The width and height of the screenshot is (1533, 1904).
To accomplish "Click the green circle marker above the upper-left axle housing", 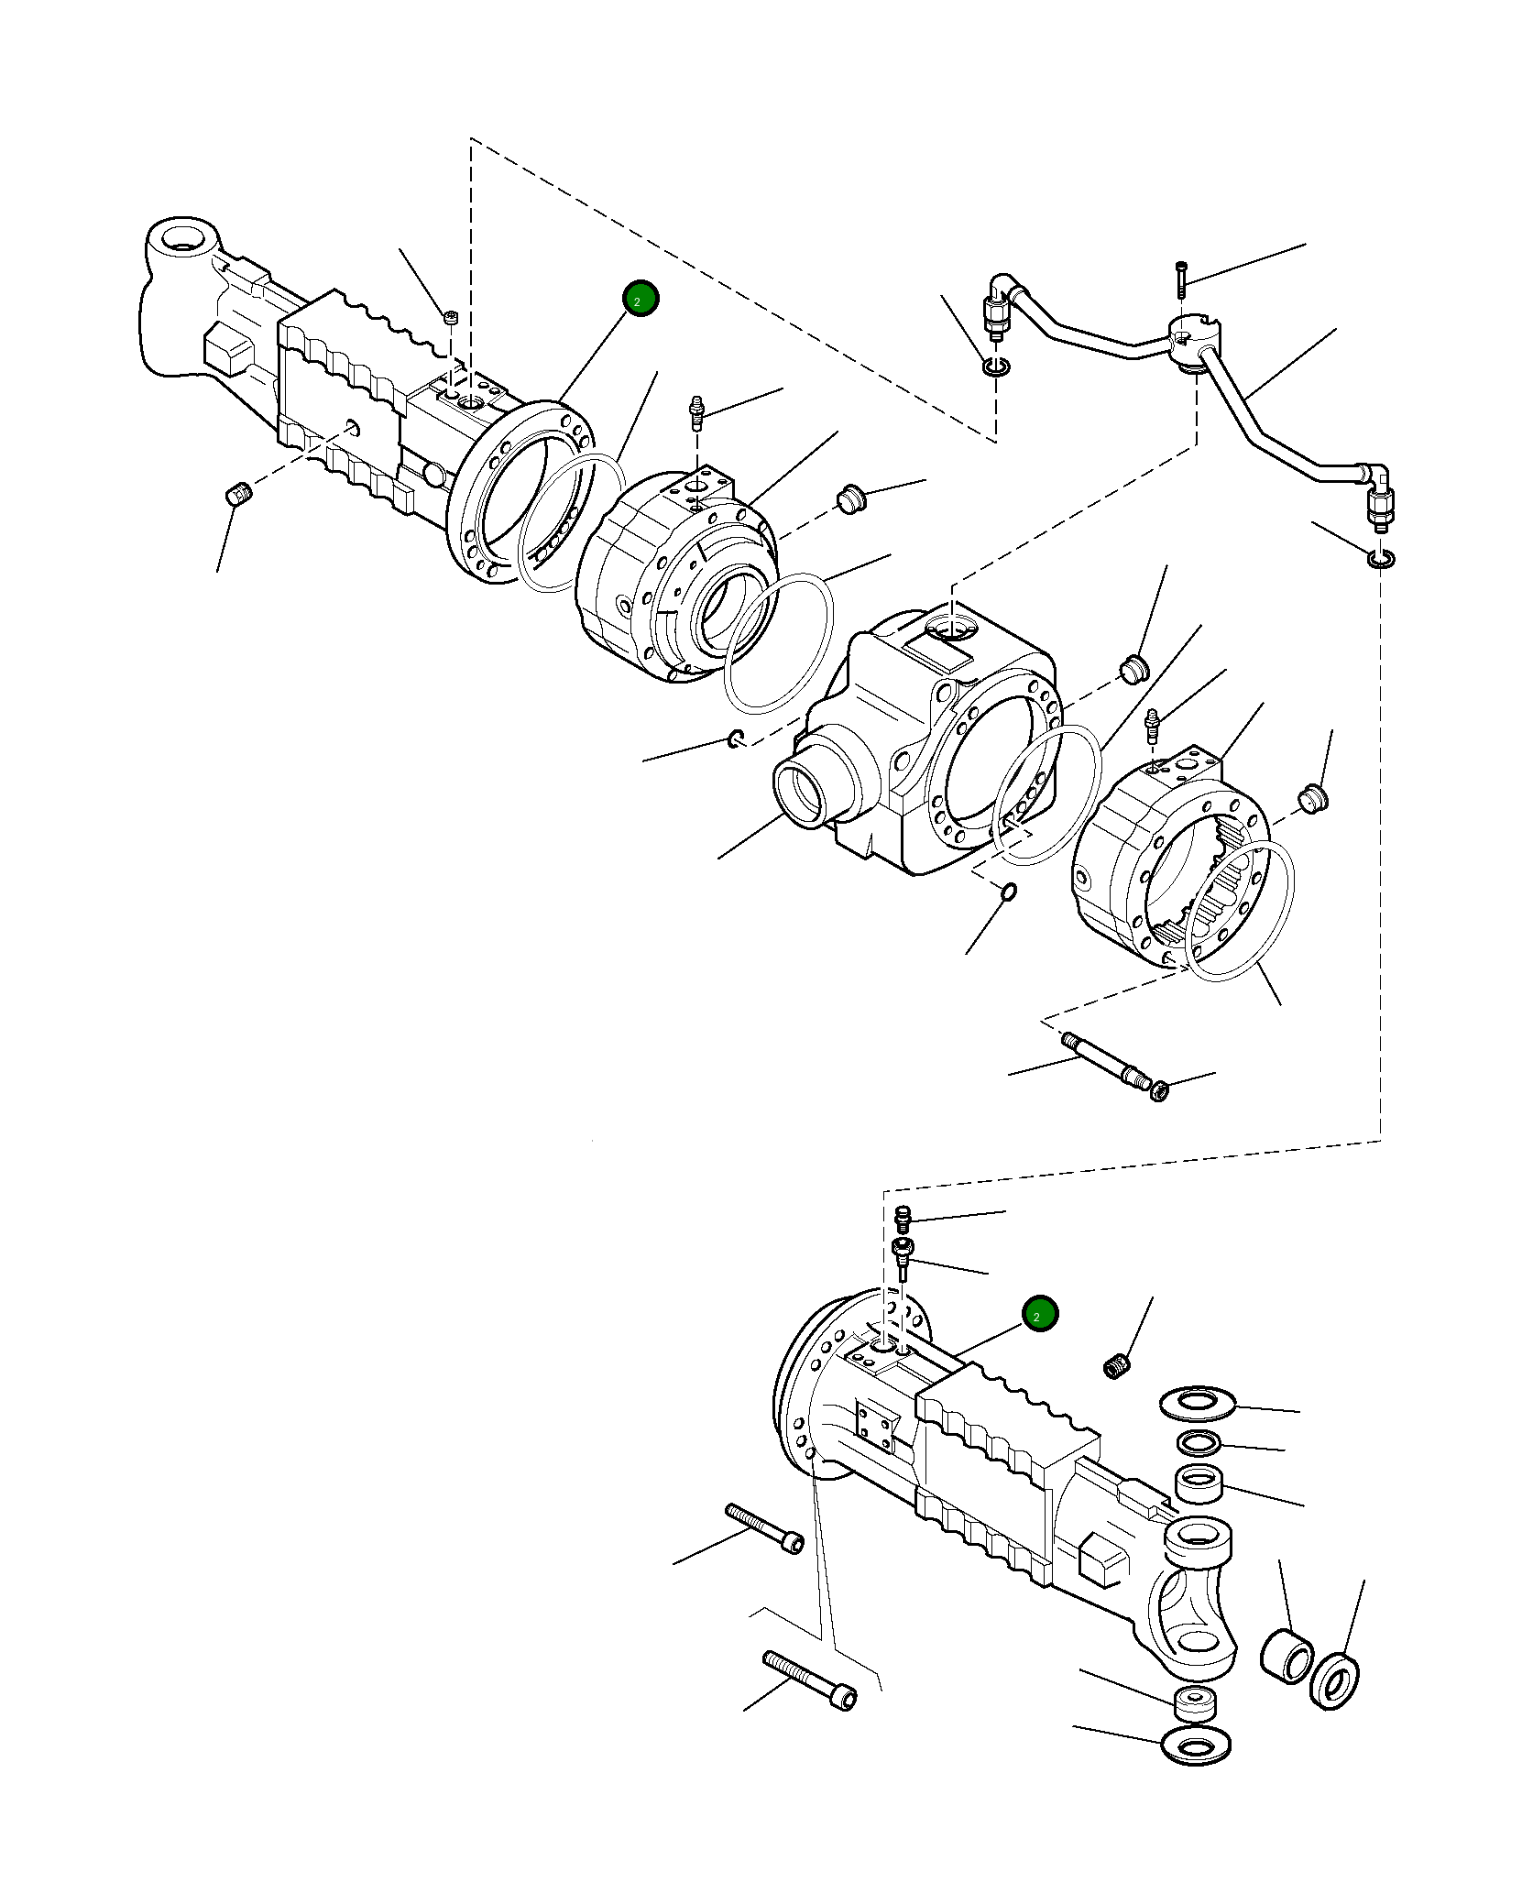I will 641,299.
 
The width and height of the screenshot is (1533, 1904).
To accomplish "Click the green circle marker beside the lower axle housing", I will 1040,1315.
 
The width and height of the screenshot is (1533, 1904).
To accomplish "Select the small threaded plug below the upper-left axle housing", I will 237,496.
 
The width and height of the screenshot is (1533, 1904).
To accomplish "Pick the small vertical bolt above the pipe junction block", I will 1181,279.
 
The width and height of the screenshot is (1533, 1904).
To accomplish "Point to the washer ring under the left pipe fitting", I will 996,367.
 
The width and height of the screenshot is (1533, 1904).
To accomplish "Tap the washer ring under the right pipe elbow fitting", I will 1381,559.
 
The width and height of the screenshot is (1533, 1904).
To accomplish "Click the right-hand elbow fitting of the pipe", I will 1376,482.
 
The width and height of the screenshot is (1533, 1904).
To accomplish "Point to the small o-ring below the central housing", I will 1008,892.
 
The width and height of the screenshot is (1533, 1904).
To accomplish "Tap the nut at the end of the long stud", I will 1159,1090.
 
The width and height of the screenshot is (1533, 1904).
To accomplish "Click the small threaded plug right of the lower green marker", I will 1117,1369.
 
